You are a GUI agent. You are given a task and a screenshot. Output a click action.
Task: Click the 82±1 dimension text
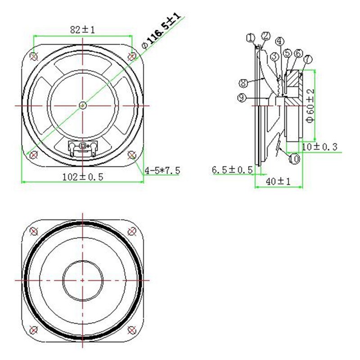[x=82, y=30]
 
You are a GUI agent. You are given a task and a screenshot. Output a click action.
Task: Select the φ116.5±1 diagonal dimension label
[x=161, y=31]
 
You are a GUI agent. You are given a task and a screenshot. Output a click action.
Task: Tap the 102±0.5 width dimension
[x=83, y=177]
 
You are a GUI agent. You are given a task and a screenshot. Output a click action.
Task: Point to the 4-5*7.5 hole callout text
[x=162, y=170]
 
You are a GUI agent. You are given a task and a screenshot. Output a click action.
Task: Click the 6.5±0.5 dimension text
[x=232, y=170]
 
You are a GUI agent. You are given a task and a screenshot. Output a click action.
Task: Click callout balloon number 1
[x=251, y=38]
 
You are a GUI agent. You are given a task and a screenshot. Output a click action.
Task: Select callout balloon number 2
[x=265, y=36]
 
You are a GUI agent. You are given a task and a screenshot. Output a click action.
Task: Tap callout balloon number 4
[x=280, y=41]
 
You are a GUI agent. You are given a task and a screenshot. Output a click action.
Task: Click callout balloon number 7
[x=308, y=59]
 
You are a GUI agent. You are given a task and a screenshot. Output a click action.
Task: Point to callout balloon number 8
[x=243, y=83]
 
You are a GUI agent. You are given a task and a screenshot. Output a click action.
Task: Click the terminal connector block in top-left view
[x=82, y=147]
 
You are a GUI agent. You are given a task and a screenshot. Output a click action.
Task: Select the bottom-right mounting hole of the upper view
[x=131, y=155]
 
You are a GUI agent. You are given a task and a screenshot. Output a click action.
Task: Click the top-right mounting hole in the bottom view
[x=131, y=231]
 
